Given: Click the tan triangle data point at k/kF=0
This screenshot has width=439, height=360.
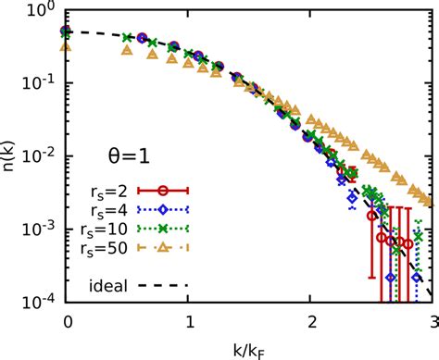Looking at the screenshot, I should pos(66,46).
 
